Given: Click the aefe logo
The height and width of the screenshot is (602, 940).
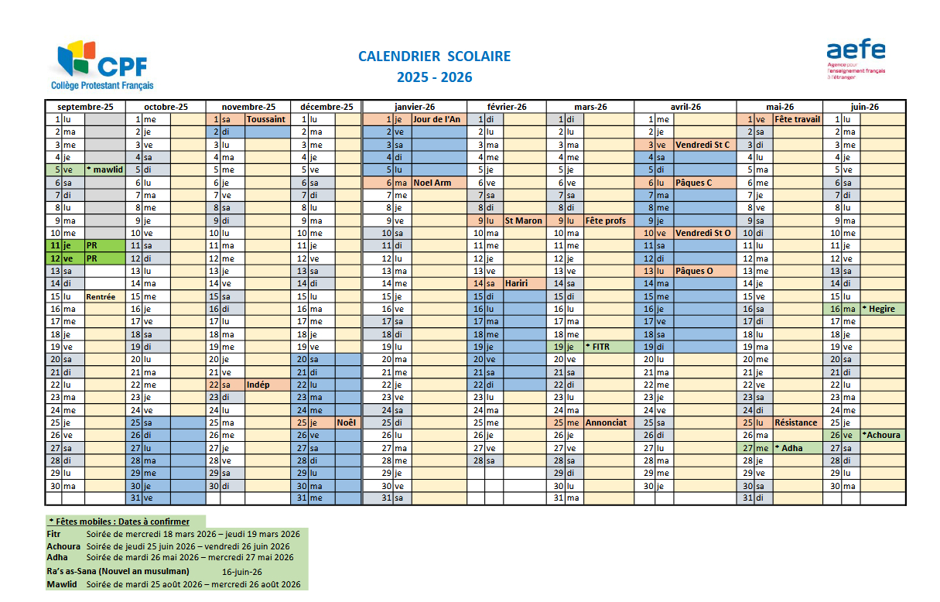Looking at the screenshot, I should pyautogui.click(x=856, y=59).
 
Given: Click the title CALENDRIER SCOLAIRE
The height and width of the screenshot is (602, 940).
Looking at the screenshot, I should pyautogui.click(x=434, y=56).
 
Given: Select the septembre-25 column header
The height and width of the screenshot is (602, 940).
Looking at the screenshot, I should pyautogui.click(x=85, y=107).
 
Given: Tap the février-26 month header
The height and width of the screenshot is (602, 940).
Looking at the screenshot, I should pyautogui.click(x=507, y=107).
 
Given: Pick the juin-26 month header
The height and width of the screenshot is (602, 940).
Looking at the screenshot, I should pyautogui.click(x=863, y=107).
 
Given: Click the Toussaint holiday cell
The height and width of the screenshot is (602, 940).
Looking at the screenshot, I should pyautogui.click(x=265, y=120).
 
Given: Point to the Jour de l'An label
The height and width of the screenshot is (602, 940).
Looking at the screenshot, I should pyautogui.click(x=436, y=120).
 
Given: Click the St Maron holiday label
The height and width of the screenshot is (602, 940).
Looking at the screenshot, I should pyautogui.click(x=524, y=221).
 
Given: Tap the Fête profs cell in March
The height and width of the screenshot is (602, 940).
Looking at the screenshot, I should pyautogui.click(x=606, y=221).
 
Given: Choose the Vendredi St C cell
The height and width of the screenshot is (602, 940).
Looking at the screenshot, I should pyautogui.click(x=702, y=145).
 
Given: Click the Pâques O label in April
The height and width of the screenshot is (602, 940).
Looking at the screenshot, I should pyautogui.click(x=694, y=271).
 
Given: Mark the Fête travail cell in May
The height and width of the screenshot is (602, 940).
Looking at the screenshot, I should pyautogui.click(x=797, y=120).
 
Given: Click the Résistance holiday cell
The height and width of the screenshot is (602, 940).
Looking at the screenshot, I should pyautogui.click(x=796, y=422).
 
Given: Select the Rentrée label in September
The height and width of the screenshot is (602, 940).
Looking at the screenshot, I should pyautogui.click(x=101, y=296).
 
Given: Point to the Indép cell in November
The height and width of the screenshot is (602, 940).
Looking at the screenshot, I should pyautogui.click(x=258, y=385).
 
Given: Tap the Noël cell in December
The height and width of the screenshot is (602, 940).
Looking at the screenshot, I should pyautogui.click(x=345, y=422).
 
